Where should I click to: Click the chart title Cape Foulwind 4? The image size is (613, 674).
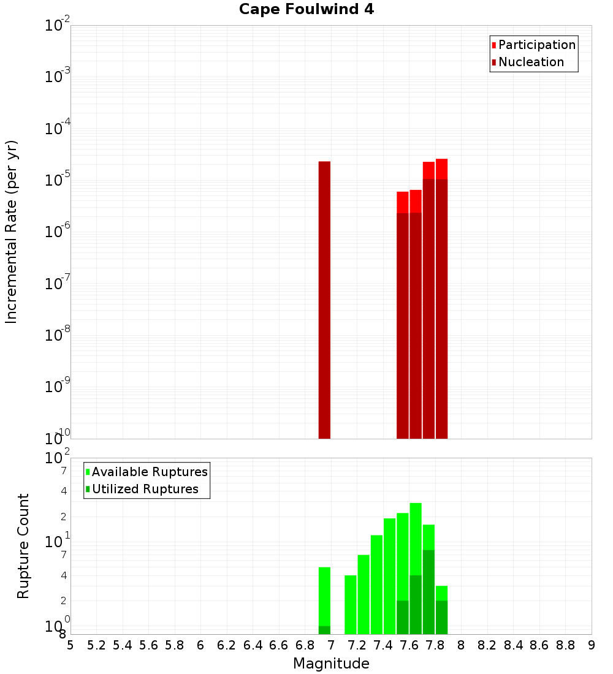pyautogui.click(x=306, y=9)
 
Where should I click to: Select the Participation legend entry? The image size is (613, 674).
pyautogui.click(x=537, y=45)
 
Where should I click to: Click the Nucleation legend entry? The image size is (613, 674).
pyautogui.click(x=531, y=62)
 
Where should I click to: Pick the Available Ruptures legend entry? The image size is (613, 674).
pyautogui.click(x=150, y=472)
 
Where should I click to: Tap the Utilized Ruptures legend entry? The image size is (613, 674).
pyautogui.click(x=145, y=489)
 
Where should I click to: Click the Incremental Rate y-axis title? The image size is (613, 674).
pyautogui.click(x=12, y=232)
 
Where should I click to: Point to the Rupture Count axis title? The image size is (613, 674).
pyautogui.click(x=23, y=546)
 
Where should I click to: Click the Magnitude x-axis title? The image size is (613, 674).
pyautogui.click(x=331, y=664)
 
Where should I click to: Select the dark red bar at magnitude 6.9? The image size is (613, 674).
pyautogui.click(x=324, y=300)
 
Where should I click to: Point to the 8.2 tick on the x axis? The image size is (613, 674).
pyautogui.click(x=487, y=645)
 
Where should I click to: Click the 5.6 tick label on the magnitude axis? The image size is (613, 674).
pyautogui.click(x=148, y=645)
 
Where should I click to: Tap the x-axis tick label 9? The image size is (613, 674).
pyautogui.click(x=592, y=645)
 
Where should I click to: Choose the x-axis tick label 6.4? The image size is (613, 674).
pyautogui.click(x=253, y=645)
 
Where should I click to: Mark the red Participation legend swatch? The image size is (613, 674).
pyautogui.click(x=493, y=45)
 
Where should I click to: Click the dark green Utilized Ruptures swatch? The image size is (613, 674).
pyautogui.click(x=88, y=489)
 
